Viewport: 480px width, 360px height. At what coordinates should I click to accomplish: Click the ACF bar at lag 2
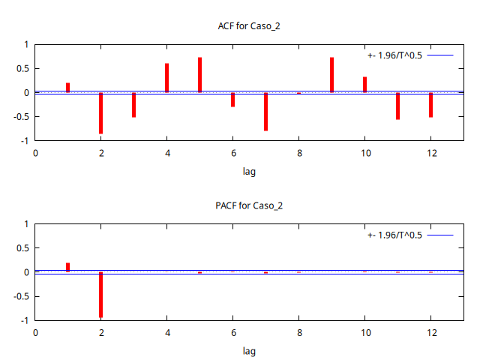pos(100,112)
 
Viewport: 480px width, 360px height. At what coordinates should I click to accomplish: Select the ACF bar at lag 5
pos(200,75)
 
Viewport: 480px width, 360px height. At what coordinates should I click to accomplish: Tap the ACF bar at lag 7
pos(265,111)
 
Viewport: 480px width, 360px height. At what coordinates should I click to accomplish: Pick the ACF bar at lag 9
pos(331,75)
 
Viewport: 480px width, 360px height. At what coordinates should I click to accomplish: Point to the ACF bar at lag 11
pos(397,106)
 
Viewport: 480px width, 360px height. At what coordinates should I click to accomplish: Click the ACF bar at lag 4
pos(166,78)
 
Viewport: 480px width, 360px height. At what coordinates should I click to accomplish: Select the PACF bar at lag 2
pos(100,294)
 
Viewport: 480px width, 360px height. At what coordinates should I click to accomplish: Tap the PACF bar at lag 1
pos(68,267)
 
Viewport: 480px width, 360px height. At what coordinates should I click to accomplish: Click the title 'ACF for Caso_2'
pos(249,26)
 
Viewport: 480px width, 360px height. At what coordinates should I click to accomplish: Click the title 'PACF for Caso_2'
pos(249,205)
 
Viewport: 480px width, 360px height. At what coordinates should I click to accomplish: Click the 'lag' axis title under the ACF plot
pos(249,171)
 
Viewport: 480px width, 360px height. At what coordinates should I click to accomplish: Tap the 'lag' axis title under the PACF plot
pos(249,350)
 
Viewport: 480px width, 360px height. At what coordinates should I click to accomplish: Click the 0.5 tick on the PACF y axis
pos(22,248)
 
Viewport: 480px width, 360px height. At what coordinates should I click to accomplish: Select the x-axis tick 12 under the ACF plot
pos(430,153)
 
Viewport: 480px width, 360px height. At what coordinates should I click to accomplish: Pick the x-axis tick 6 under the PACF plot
pos(232,332)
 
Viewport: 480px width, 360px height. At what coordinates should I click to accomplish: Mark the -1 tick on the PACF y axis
pos(25,320)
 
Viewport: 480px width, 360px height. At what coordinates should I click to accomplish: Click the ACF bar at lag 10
pos(364,85)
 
